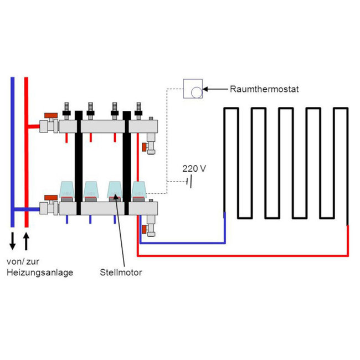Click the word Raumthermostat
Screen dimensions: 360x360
click(265, 88)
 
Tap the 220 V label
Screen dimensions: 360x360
click(194, 168)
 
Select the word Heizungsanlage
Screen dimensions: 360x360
click(39, 272)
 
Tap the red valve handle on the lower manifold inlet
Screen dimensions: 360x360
click(52, 197)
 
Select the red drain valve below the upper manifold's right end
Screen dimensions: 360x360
click(144, 147)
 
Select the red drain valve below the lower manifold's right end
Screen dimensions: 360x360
click(144, 229)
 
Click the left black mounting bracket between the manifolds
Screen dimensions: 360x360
click(79, 161)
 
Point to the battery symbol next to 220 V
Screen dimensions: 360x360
click(189, 181)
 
